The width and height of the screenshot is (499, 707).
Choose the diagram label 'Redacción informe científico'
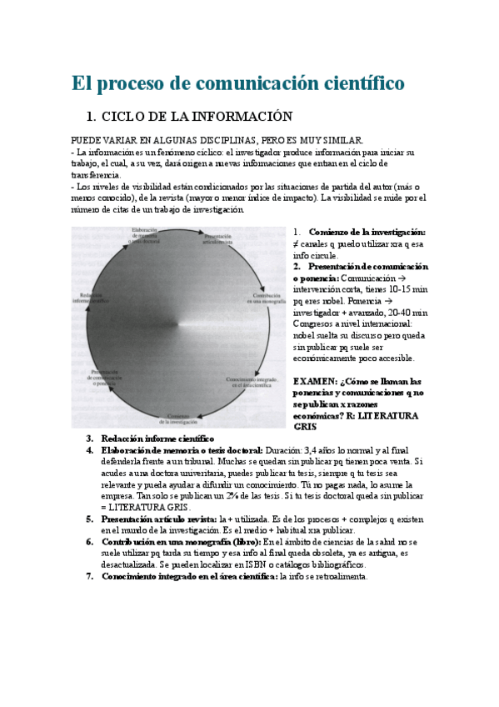tap(90, 298)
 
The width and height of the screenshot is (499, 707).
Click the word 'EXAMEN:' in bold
tap(313, 381)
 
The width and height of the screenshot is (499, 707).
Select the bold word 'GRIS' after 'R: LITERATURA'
tap(306, 426)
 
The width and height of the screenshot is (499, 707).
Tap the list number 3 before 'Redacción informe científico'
tap(90, 439)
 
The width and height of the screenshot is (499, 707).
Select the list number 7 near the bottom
tap(90, 576)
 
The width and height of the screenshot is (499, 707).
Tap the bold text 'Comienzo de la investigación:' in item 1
tap(367, 232)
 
